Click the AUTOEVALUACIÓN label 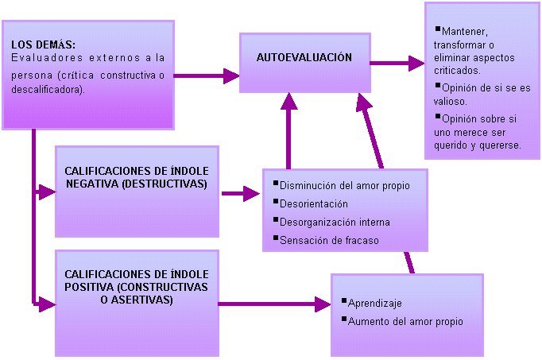tap(304, 58)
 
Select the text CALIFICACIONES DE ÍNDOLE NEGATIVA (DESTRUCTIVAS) tap(136, 177)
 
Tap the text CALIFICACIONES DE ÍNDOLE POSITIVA tap(136, 280)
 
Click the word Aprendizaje tap(375, 304)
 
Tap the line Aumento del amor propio tap(405, 321)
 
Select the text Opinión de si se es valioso tap(474, 94)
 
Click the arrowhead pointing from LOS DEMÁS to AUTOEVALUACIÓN tap(231, 75)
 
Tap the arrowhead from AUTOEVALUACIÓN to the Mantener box tap(416, 62)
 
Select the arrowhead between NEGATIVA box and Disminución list tap(254, 192)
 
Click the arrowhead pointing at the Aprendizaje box tap(323, 304)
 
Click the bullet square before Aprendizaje tap(342, 301)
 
